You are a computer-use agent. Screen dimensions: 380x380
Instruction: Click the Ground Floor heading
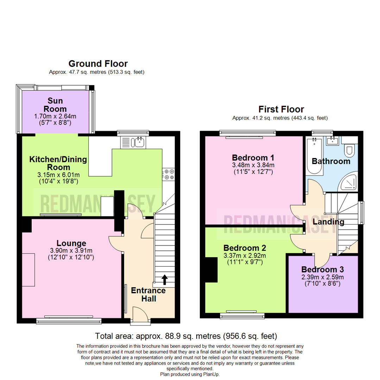98,64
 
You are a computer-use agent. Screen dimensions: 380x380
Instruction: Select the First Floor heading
281,109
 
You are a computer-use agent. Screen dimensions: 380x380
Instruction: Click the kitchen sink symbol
135,142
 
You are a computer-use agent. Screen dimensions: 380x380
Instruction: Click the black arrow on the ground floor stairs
164,279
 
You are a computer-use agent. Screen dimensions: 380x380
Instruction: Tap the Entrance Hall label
148,294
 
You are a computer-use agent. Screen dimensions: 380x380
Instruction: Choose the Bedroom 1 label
253,157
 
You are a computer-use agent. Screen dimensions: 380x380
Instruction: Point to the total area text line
186,336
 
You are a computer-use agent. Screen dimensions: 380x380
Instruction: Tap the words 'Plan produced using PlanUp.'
190,374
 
